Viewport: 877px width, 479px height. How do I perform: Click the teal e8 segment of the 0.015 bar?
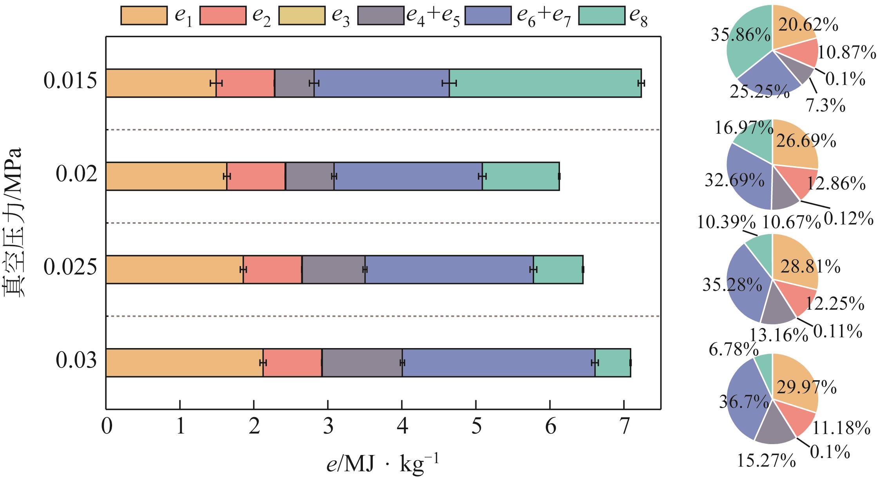point(545,83)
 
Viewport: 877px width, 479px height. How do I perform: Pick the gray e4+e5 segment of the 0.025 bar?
point(333,269)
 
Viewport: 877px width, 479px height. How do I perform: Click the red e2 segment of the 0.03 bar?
point(292,363)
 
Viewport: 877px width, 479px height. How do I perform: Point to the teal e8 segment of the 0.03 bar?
point(612,363)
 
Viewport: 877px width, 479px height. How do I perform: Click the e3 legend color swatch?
point(301,15)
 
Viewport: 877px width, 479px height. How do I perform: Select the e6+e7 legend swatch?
point(488,15)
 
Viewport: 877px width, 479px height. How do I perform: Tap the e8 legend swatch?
point(602,15)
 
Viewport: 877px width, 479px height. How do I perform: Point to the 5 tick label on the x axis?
point(476,427)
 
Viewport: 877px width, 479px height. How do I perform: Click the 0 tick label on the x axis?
point(106,427)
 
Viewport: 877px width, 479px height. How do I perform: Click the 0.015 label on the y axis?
point(70,82)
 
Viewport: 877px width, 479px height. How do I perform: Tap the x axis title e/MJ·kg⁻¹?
point(382,465)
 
